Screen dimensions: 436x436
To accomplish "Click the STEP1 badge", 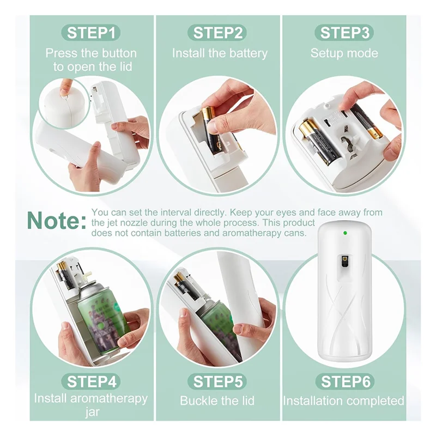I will click(91, 33).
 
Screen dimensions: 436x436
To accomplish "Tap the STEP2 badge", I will click(218, 33).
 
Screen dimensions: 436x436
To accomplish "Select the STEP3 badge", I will click(344, 33).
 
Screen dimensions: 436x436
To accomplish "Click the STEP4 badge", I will click(91, 381).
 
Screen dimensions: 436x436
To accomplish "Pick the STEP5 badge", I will click(217, 381).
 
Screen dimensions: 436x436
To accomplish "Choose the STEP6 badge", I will click(343, 381).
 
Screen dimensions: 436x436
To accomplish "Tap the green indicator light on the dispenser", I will click(345, 233).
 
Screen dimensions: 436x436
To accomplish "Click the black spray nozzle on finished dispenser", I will click(345, 262).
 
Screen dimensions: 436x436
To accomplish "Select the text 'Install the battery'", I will click(220, 53).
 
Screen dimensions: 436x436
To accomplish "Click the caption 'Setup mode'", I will click(344, 53).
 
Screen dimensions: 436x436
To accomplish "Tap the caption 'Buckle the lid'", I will click(217, 401).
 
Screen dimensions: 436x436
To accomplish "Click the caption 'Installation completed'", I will click(343, 401).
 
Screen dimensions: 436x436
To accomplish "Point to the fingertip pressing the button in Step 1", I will click(65, 87).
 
